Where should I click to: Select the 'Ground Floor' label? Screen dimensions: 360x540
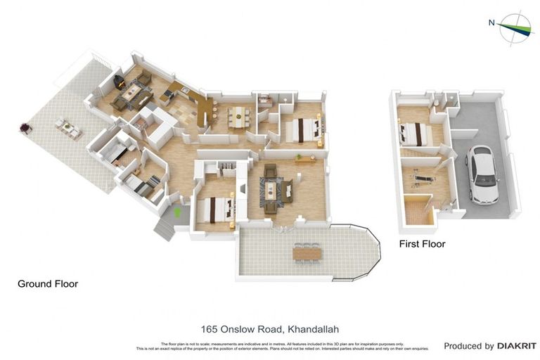tap(48, 284)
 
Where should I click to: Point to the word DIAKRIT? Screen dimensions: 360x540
tap(517, 346)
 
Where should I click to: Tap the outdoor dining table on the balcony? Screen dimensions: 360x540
tap(307, 252)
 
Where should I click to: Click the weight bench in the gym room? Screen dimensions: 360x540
tap(422, 177)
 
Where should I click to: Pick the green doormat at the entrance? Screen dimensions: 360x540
tap(177, 210)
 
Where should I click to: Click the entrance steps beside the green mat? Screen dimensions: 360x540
tap(163, 229)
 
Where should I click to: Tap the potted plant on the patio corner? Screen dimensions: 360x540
tap(26, 128)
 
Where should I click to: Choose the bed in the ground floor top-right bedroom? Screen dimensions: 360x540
tap(302, 129)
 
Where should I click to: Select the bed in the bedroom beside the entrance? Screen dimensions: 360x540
tap(214, 210)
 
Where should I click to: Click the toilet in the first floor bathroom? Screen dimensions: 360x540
tap(437, 103)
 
